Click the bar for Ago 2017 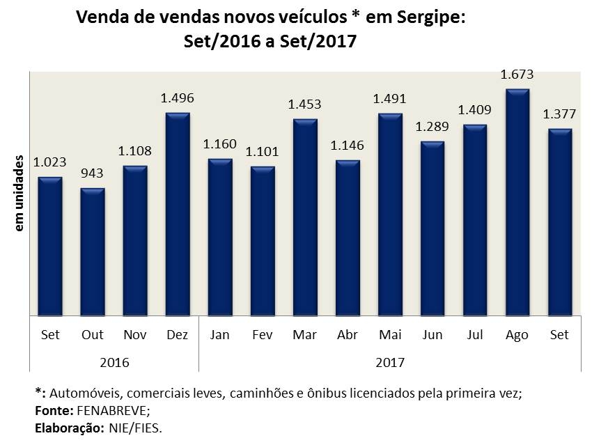pyautogui.click(x=517, y=202)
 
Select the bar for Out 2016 pyautogui.click(x=93, y=251)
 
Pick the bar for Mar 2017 pyautogui.click(x=305, y=217)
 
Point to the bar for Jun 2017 pyautogui.click(x=432, y=228)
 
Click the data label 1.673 pyautogui.click(x=517, y=75)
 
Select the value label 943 pyautogui.click(x=93, y=173)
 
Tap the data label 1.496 pyautogui.click(x=178, y=98)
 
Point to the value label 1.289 pyautogui.click(x=432, y=127)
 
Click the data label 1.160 pyautogui.click(x=220, y=145)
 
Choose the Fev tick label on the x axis pyautogui.click(x=263, y=335)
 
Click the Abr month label pyautogui.click(x=348, y=335)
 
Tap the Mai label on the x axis pyautogui.click(x=390, y=335)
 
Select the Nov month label pyautogui.click(x=135, y=335)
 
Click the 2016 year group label pyautogui.click(x=114, y=363)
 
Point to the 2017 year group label pyautogui.click(x=390, y=363)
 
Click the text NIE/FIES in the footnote pyautogui.click(x=135, y=428)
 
